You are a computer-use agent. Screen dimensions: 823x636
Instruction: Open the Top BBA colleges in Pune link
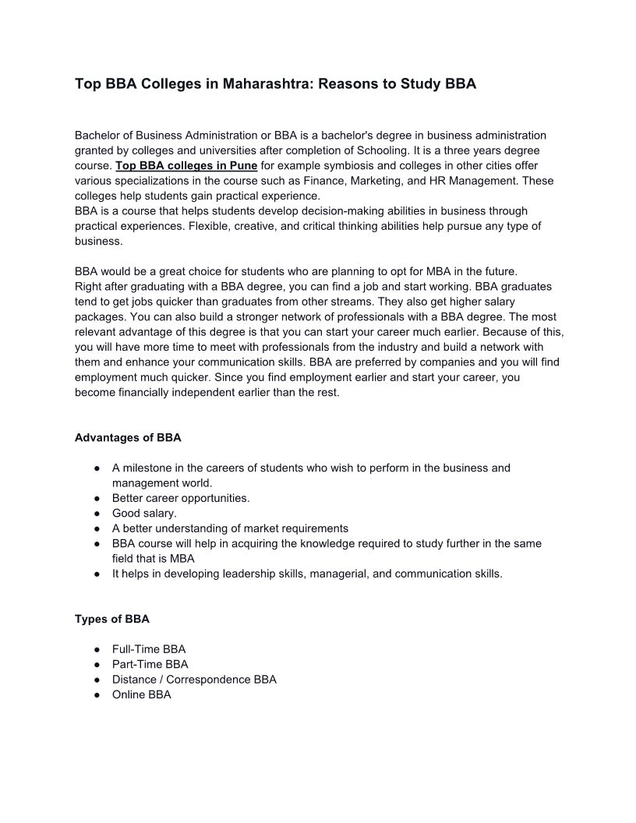pos(186,166)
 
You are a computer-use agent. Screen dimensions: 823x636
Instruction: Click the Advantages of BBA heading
pos(128,438)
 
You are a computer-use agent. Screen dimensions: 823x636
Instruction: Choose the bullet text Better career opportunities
pos(181,498)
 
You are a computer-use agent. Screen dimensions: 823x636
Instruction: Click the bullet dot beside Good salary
pos(95,514)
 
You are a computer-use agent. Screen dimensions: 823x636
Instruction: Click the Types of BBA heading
pos(112,620)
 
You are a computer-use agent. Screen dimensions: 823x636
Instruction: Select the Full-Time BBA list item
pos(149,649)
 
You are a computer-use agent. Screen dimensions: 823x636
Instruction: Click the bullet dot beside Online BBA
pos(95,694)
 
